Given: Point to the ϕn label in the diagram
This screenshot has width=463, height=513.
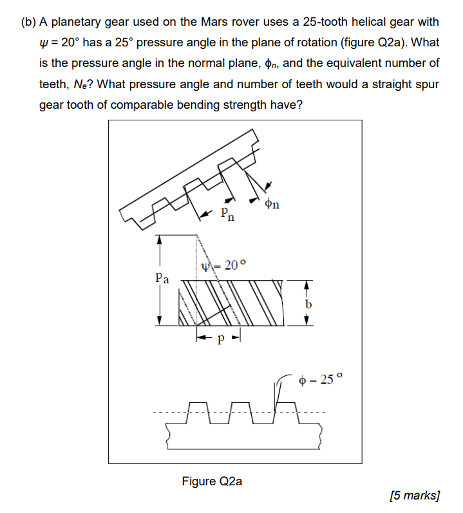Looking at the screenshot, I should point(272,205).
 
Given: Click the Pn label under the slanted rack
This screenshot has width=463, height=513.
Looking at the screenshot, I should point(227,215).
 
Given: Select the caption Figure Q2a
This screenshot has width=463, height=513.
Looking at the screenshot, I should point(212,481).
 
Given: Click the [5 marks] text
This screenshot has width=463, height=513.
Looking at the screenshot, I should point(415,495).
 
